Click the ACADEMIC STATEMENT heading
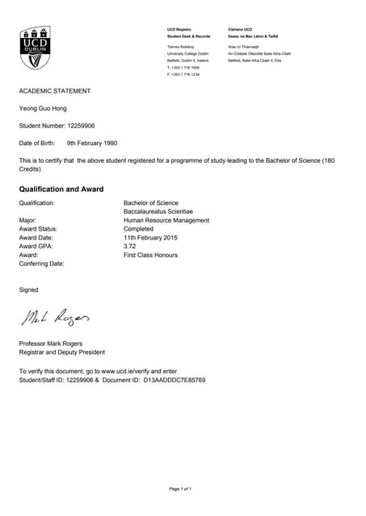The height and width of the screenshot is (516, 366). coord(55,91)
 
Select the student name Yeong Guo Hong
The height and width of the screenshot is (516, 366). coord(44,108)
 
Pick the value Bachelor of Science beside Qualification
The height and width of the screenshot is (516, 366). coord(151,202)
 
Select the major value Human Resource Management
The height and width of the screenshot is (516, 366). coord(166,220)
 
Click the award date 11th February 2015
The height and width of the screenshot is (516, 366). coord(150,238)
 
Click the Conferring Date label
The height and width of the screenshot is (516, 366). coord(41,264)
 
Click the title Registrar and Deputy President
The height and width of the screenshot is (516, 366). coord(61,352)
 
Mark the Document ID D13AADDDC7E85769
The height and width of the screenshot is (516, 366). coord(175,379)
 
